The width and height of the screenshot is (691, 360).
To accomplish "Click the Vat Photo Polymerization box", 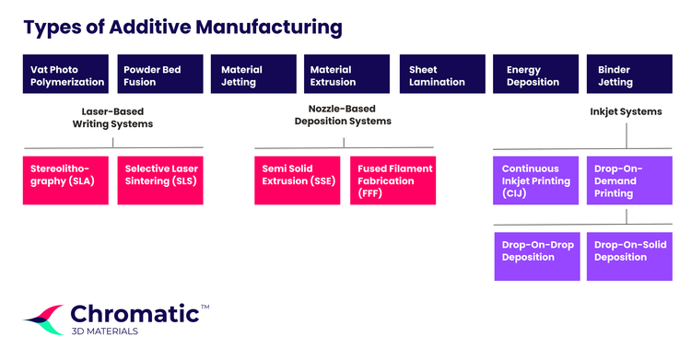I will [65, 75].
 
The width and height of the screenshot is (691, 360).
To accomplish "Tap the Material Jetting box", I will [254, 75].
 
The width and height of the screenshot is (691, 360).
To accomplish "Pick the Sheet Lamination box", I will [442, 75].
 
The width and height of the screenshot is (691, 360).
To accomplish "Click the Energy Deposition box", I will [538, 75].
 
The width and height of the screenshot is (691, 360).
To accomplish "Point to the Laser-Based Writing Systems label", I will [112, 117].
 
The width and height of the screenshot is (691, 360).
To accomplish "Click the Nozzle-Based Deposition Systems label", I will [343, 114].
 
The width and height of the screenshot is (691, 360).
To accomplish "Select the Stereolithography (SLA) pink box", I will [65, 180].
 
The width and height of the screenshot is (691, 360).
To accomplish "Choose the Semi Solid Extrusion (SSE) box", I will [298, 180].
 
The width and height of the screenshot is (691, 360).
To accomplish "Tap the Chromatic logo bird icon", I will [43, 319].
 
